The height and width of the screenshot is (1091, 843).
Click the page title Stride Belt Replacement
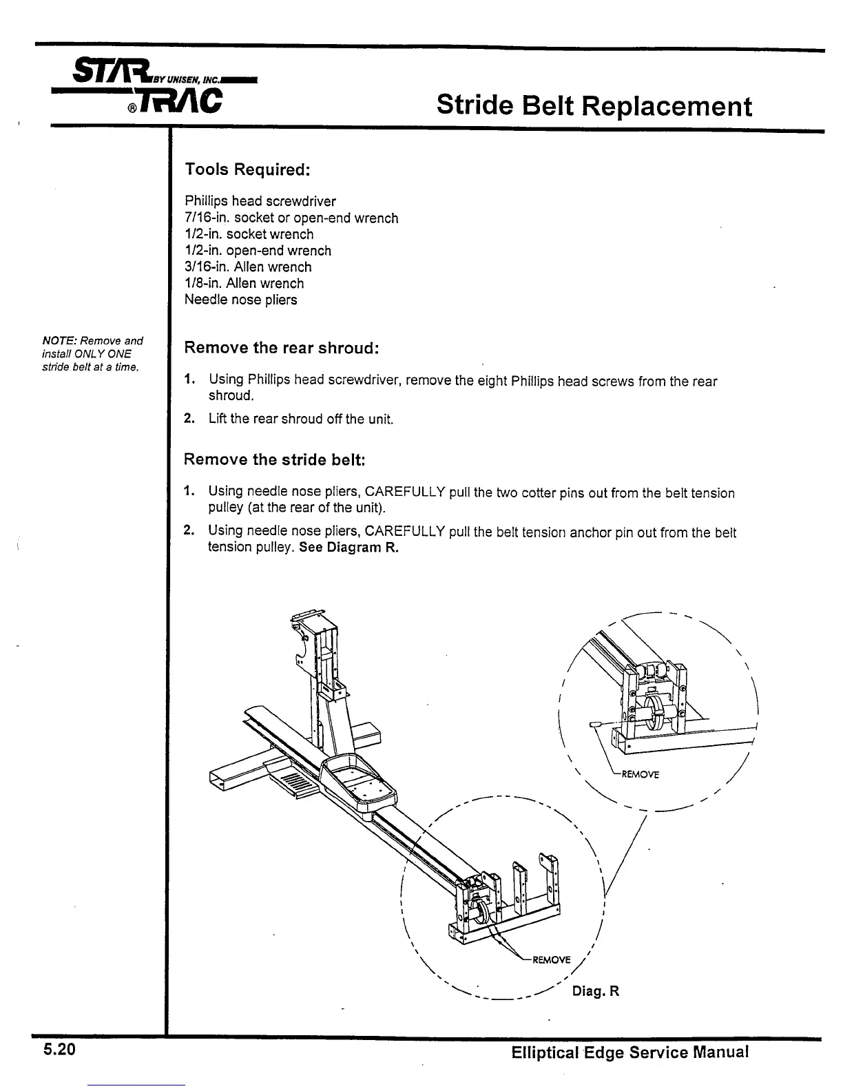click(594, 107)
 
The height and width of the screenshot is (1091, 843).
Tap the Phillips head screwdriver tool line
click(260, 201)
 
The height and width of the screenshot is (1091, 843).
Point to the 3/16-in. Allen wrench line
click(248, 267)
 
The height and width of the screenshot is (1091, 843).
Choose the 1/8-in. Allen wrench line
click(244, 283)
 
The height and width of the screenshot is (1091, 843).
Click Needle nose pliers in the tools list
click(241, 300)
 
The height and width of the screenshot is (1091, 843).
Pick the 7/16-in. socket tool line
click(291, 218)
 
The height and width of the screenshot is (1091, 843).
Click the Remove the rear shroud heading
click(282, 348)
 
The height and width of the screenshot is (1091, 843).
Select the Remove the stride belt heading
click(274, 459)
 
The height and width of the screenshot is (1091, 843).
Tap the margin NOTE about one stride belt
click(92, 353)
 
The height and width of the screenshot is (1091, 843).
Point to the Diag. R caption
click(596, 991)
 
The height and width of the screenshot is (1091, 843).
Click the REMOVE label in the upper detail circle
click(640, 774)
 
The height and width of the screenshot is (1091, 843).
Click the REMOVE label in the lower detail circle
click(551, 959)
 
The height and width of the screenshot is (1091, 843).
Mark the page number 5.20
click(59, 1050)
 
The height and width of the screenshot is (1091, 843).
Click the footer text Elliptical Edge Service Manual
click(629, 1052)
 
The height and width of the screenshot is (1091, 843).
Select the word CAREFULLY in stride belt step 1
click(405, 492)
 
